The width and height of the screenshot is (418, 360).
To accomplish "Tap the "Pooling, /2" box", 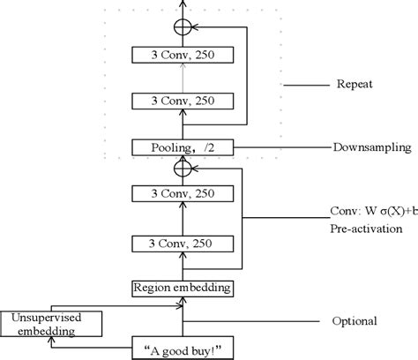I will point(183,146).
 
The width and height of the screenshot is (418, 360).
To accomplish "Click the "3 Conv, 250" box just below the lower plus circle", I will point(183,193).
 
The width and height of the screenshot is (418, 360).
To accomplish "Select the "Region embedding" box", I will point(183,288).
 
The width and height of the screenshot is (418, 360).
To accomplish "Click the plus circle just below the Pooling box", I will point(183,167).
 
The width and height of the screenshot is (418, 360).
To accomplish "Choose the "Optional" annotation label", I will point(355,321).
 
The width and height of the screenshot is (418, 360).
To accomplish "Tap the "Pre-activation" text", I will point(363,229).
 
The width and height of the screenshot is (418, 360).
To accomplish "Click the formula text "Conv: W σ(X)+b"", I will point(370,211).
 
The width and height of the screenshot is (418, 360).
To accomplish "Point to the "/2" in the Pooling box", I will point(208,146).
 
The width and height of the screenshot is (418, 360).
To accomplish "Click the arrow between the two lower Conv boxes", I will point(183,217).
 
